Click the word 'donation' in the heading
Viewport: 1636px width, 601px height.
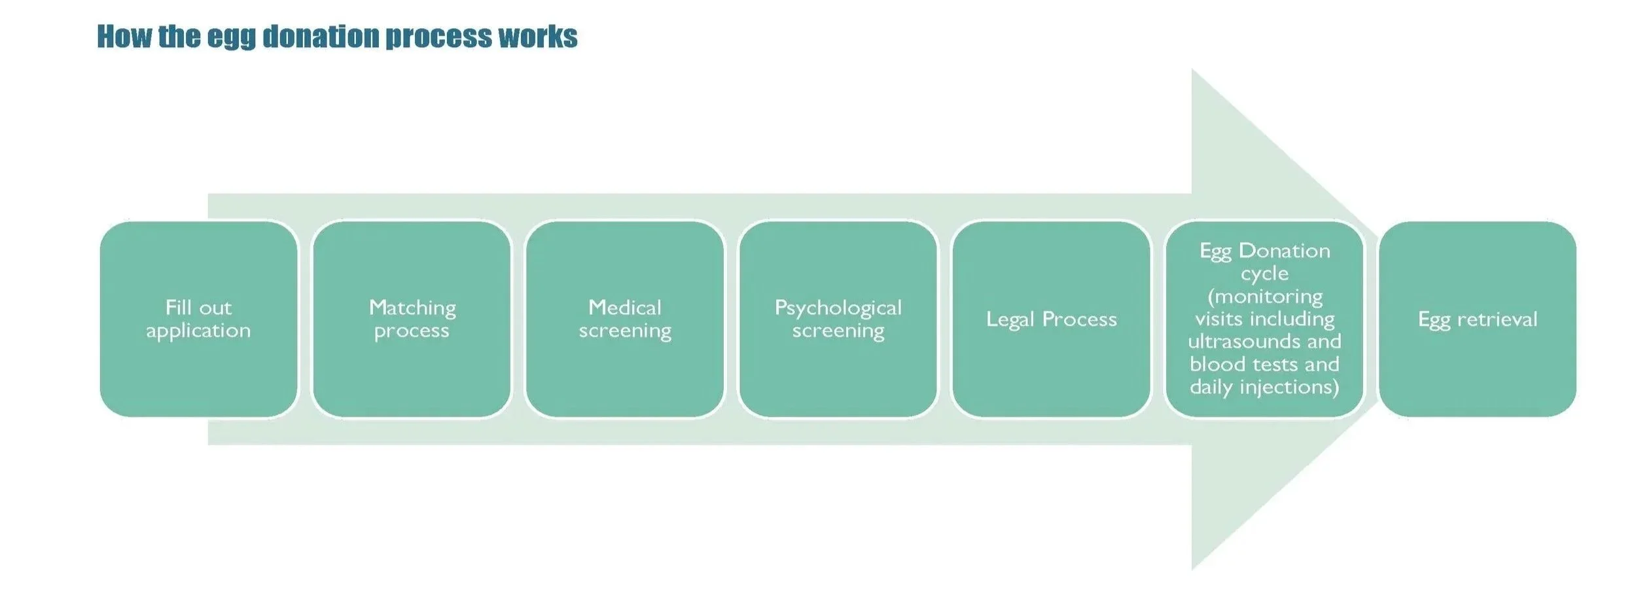click(321, 37)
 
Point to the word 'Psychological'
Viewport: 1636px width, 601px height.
click(838, 308)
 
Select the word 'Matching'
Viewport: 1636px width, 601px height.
click(412, 308)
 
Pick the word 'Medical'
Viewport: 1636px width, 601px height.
click(625, 307)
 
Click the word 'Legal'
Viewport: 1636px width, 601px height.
click(1010, 319)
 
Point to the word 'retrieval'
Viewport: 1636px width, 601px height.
click(1497, 319)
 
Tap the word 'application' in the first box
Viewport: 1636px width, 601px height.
click(198, 331)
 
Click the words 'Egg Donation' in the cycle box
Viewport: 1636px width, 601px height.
click(1264, 251)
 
